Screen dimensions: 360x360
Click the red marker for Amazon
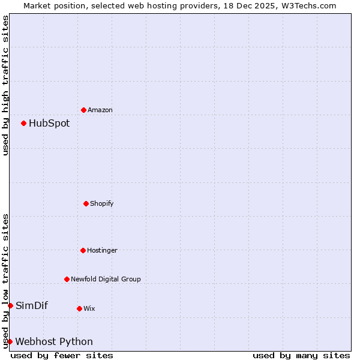tap(83, 110)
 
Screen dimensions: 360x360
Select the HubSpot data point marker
tap(23, 123)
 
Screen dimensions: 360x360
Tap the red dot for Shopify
tap(86, 203)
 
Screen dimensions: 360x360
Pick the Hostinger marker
tap(83, 250)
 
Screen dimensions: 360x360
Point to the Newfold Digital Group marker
tap(67, 279)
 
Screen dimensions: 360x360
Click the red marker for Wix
tap(79, 308)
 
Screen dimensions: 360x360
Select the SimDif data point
tap(10, 305)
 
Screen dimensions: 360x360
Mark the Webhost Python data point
tap(10, 341)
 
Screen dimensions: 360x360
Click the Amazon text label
tap(100, 110)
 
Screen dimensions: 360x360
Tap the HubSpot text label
tap(49, 123)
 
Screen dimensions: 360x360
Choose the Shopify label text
tap(102, 203)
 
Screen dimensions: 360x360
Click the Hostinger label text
tap(102, 250)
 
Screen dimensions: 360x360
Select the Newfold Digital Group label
tap(106, 279)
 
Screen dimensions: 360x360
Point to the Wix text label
tap(89, 308)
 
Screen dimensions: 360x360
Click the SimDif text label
tap(32, 305)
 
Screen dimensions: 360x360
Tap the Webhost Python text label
tap(54, 341)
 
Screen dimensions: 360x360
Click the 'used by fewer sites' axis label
tap(62, 355)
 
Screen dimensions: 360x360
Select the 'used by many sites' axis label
tap(301, 355)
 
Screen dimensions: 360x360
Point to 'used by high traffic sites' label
tap(5, 85)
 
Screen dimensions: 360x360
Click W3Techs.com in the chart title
tap(307, 5)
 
